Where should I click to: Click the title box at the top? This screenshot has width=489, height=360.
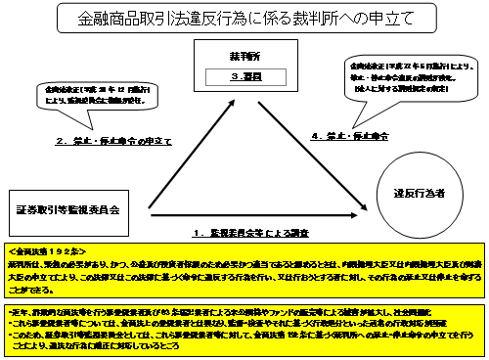click(244, 18)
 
